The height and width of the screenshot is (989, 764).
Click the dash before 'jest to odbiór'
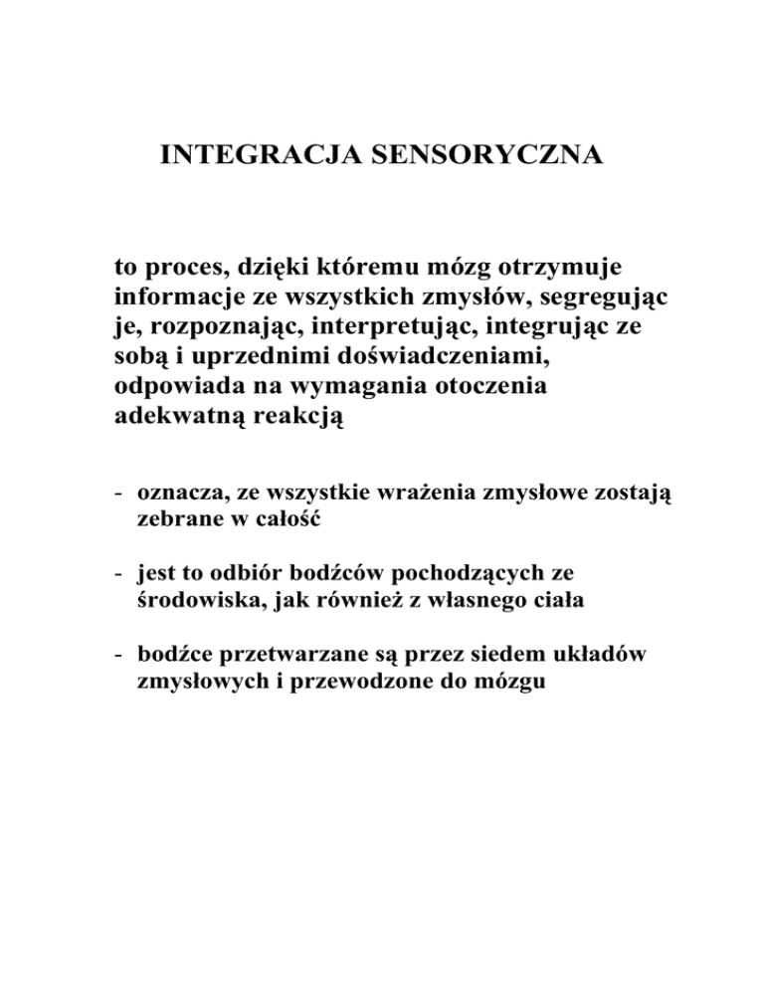[118, 573]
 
